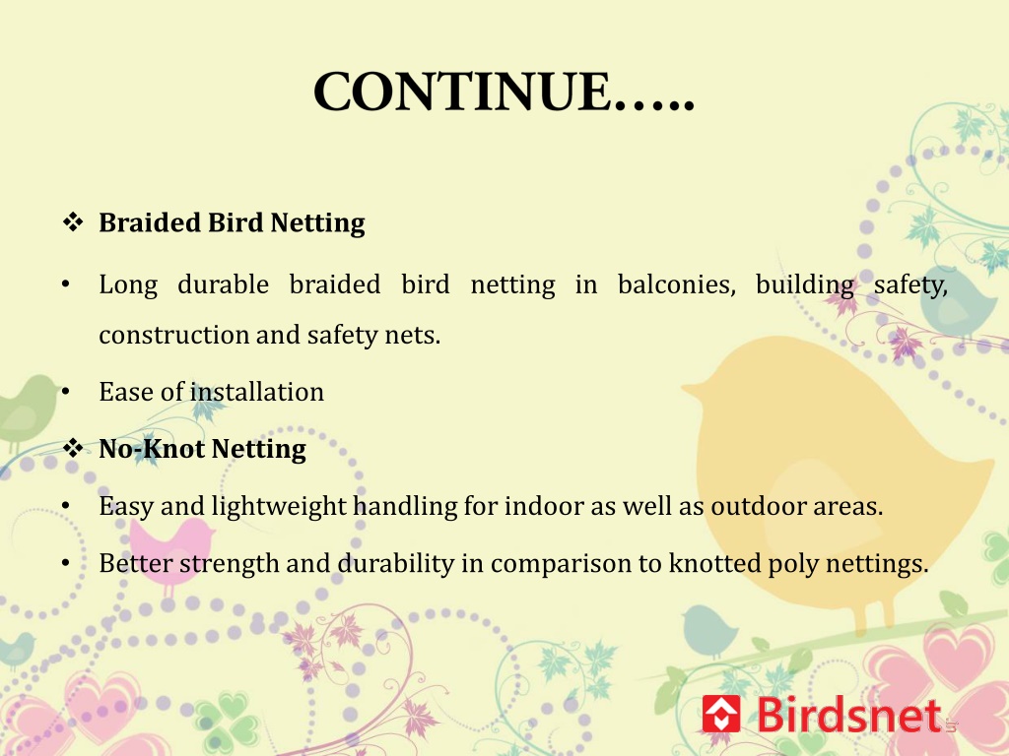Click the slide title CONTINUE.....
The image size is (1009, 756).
[504, 92]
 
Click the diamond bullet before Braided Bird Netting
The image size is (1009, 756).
[73, 222]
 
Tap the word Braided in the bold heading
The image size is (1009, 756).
[150, 222]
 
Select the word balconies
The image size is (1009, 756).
[676, 284]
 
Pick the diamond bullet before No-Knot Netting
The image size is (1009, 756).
[73, 448]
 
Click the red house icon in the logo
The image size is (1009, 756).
[720, 713]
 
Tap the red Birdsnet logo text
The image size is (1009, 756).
[849, 715]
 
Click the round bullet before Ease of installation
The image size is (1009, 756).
[66, 392]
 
